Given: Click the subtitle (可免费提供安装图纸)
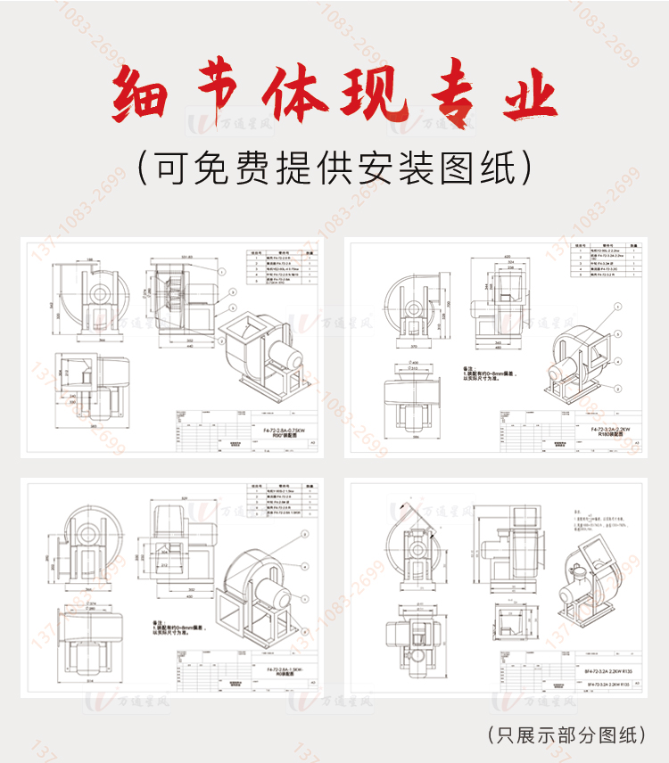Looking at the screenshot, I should click(x=334, y=166).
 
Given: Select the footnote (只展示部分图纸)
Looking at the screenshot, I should click(x=567, y=734).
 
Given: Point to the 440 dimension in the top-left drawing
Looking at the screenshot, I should click(x=186, y=348).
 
